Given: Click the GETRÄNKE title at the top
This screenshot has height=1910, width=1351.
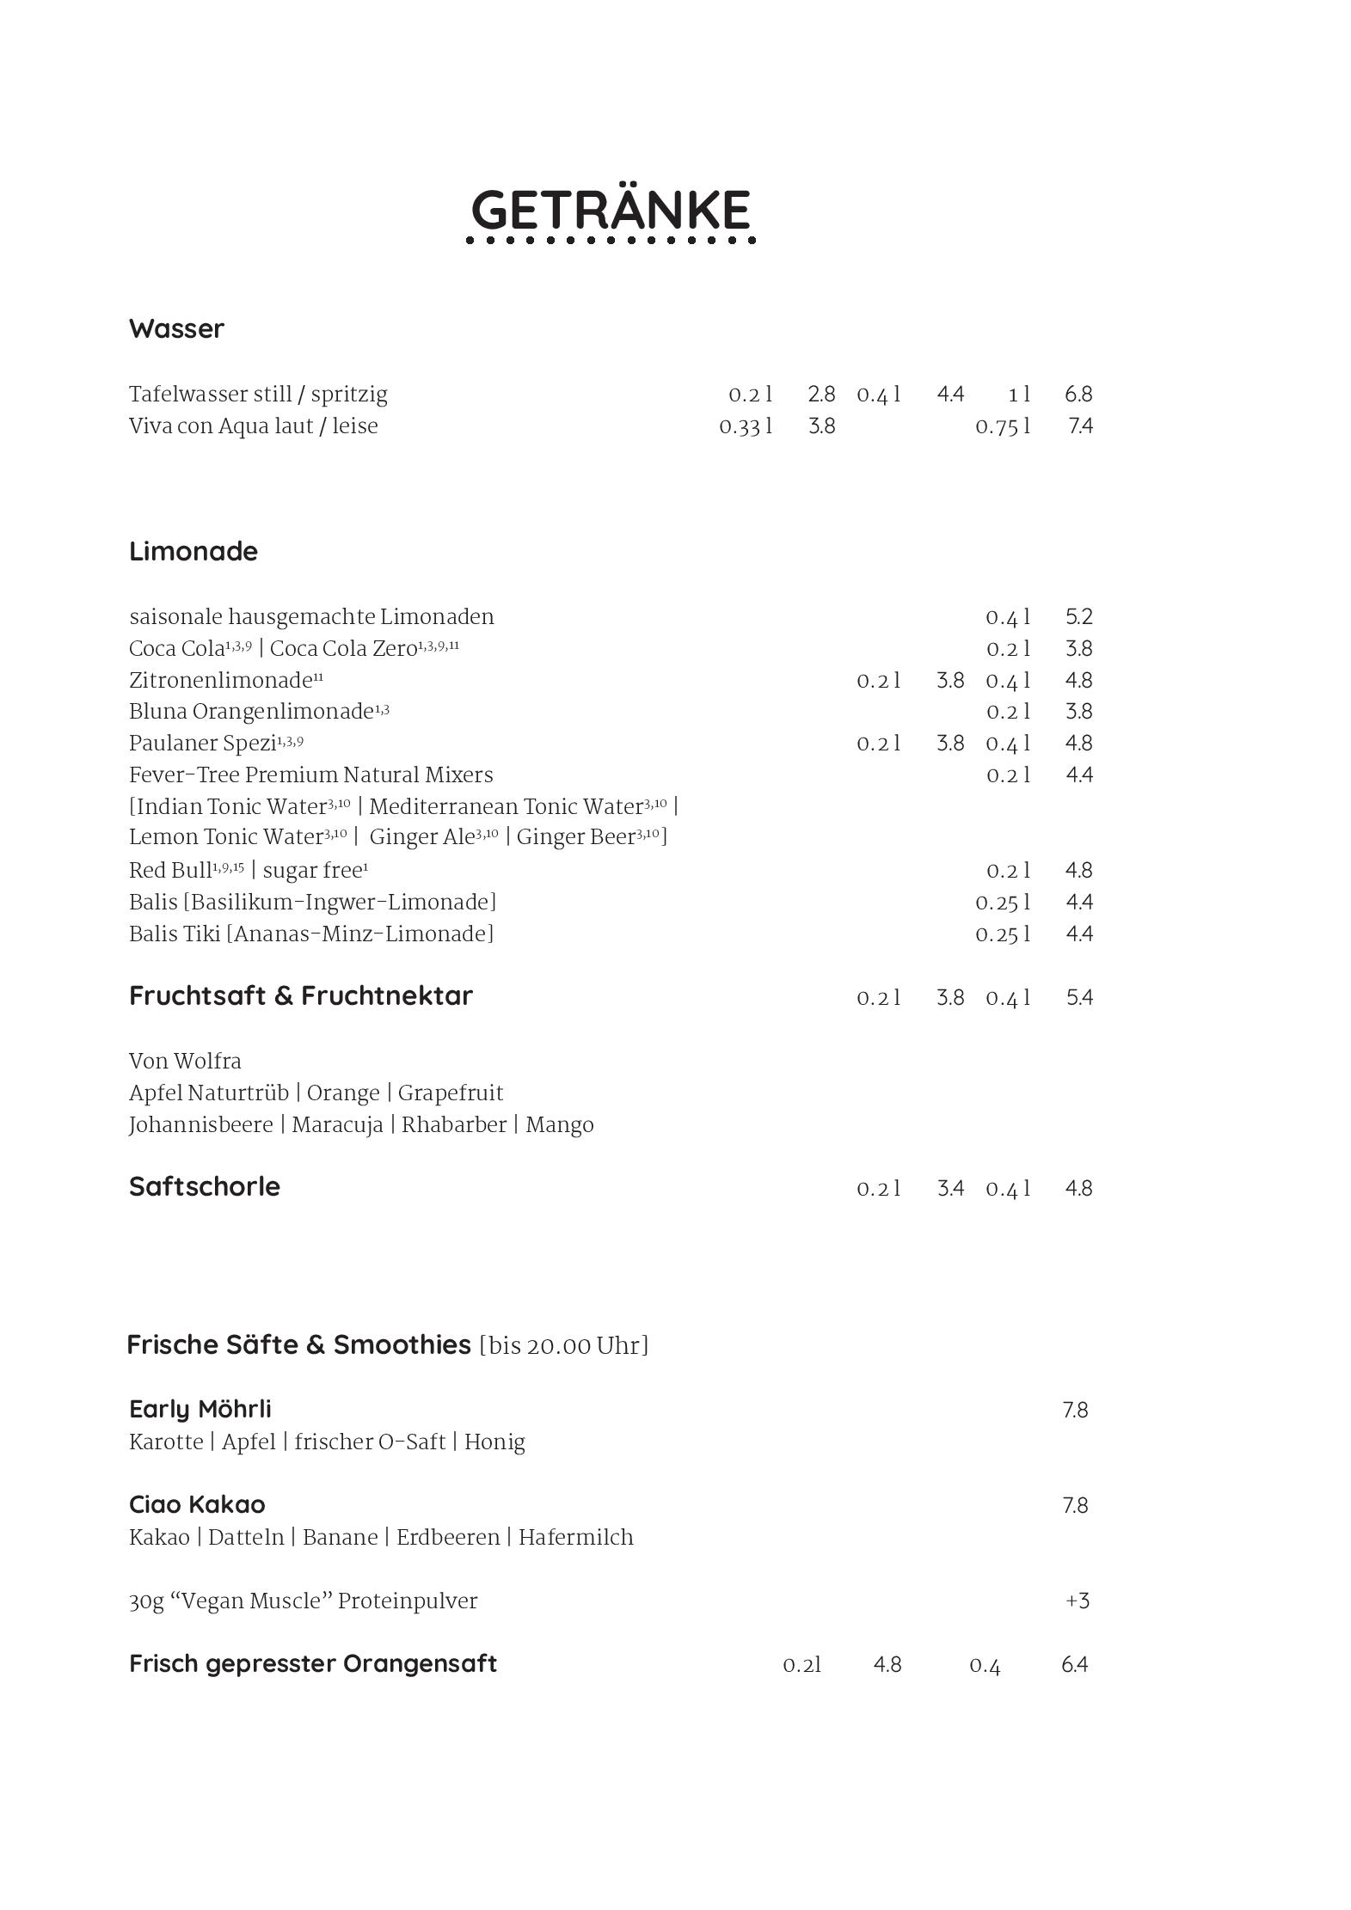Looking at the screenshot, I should coord(611,210).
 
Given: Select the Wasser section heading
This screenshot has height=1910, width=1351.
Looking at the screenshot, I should coord(176,328).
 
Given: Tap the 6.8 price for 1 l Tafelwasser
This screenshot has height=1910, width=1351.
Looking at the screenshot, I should coord(1078,394).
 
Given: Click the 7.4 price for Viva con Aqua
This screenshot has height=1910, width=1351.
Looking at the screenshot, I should coord(1079,425).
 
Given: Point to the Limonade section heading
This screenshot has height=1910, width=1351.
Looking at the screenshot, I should coord(193,551).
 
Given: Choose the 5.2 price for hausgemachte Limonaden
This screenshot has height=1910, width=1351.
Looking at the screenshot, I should coord(1078,616).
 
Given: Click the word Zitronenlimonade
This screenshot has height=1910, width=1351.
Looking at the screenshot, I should coord(220,681).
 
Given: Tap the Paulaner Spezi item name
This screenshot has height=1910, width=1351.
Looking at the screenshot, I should coord(203,744).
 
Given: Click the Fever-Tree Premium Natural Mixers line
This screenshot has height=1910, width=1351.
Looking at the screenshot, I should coord(310,775).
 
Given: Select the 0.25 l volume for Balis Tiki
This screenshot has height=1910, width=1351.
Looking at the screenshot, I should coord(1002,934).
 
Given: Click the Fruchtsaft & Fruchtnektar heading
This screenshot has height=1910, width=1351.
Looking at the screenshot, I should coord(300,995).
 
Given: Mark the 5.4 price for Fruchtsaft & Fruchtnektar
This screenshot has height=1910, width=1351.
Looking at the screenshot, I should coord(1078,998).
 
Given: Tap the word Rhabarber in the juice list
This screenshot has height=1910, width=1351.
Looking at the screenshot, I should coord(453,1125).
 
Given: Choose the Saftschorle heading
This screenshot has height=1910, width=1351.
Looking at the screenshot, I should coord(204,1186).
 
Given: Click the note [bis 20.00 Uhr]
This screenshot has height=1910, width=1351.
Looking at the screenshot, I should coord(563,1345).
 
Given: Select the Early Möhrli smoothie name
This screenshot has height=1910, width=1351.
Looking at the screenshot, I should coord(200,1409).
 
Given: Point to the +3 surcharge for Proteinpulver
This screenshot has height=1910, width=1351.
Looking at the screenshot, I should coord(1077,1601).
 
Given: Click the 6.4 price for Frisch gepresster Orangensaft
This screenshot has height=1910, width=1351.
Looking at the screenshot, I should coord(1074,1665).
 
